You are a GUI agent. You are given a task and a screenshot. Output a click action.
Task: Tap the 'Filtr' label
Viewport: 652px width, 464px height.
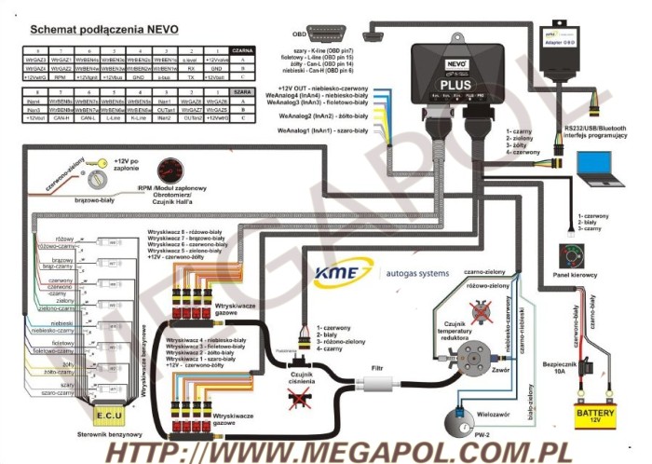point(376,368)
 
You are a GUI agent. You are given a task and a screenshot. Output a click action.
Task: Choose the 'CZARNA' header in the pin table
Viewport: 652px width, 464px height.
point(241,48)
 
